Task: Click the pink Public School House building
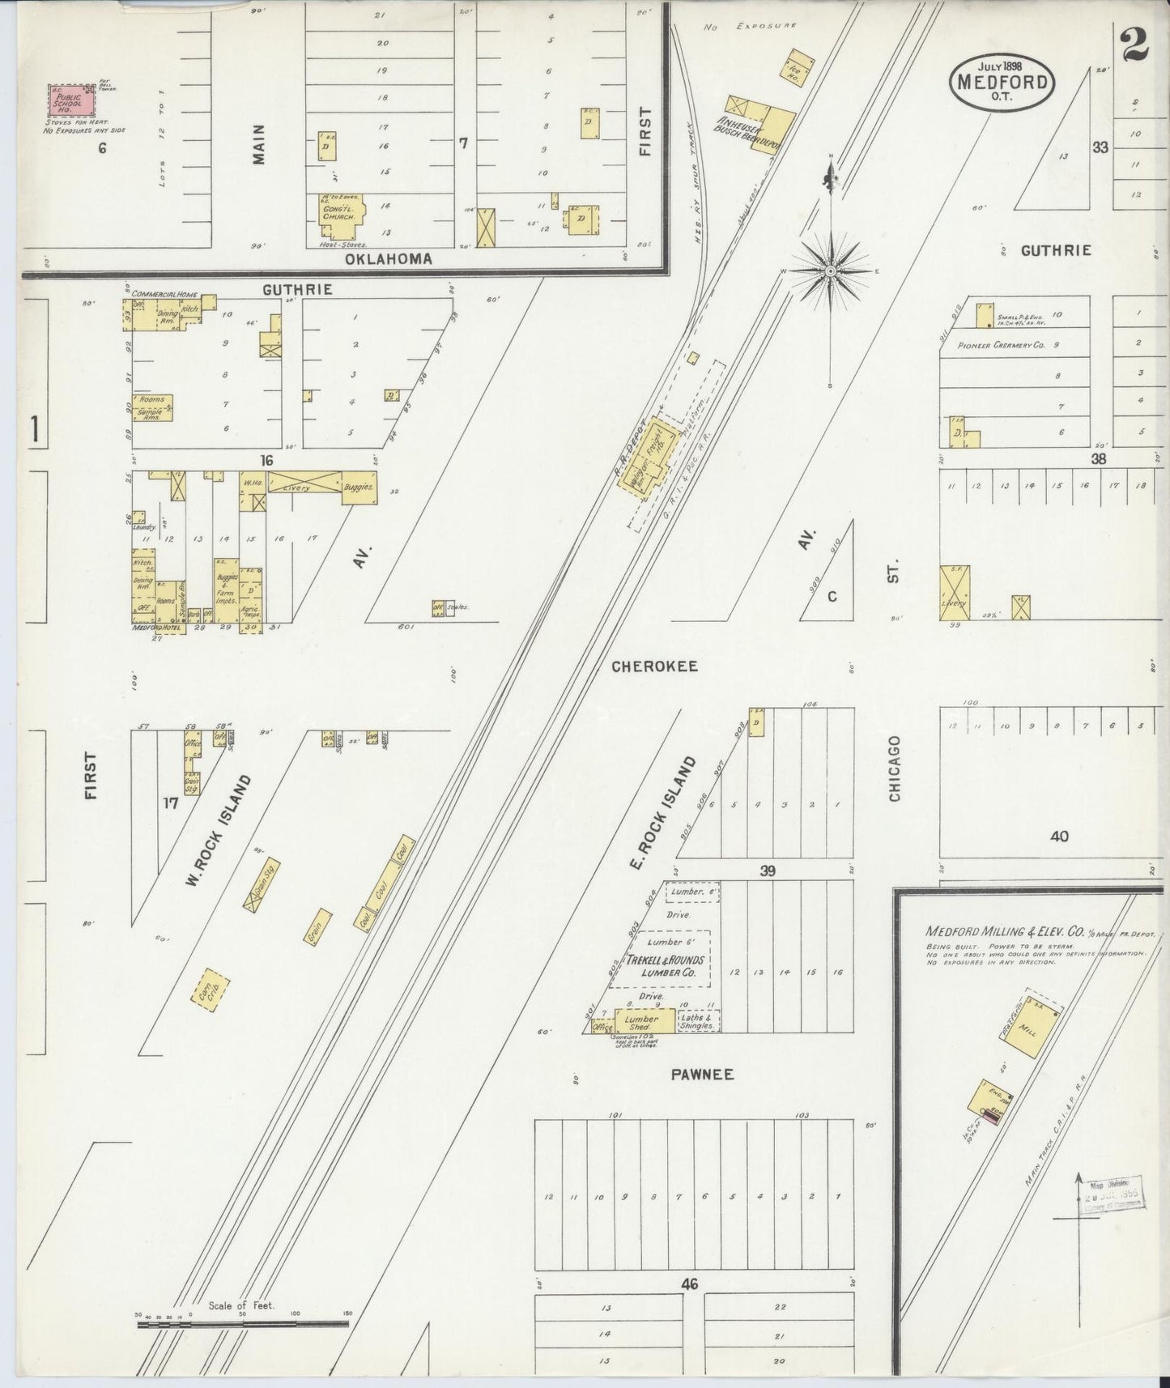point(70,101)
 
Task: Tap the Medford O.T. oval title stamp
point(1002,82)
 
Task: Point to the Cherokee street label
point(654,666)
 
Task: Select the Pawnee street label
point(702,1074)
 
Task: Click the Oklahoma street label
point(388,259)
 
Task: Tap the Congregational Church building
point(340,213)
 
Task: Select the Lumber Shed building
point(645,1020)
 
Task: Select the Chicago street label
point(895,769)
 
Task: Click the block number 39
point(768,871)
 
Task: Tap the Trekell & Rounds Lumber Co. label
point(660,966)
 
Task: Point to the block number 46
point(689,1284)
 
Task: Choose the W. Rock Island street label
point(218,830)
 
